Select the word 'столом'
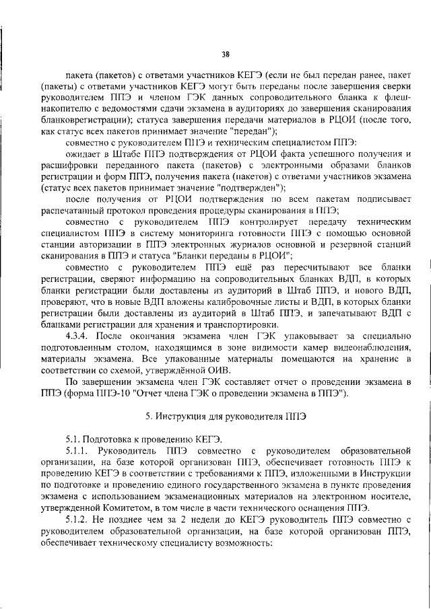(x=144, y=346)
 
